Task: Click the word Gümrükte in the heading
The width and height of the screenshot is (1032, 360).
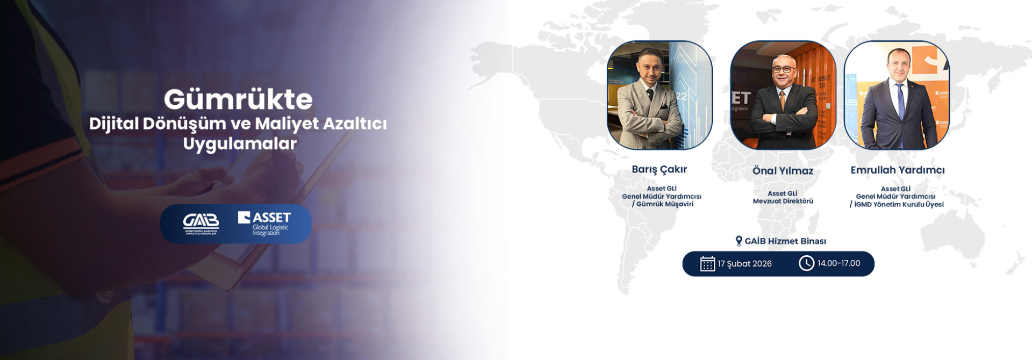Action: [238, 99]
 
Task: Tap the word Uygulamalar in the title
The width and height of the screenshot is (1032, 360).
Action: [240, 144]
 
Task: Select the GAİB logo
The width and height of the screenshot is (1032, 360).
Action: [201, 224]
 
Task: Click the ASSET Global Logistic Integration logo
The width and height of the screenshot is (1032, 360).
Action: [264, 224]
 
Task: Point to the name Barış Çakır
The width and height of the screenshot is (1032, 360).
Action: [659, 170]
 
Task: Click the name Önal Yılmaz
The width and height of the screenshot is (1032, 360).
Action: [783, 171]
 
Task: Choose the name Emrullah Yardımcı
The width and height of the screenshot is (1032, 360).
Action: [897, 170]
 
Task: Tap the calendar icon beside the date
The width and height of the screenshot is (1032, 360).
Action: [707, 264]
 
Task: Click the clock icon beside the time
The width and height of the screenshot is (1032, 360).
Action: [806, 263]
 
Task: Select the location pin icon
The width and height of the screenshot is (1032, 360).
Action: [739, 241]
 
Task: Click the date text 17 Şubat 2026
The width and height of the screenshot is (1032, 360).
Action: [744, 264]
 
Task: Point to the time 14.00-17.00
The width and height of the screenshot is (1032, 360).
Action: [839, 263]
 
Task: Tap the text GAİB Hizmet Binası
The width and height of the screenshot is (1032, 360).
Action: [785, 241]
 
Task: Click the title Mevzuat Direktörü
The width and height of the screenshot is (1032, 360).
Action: [783, 201]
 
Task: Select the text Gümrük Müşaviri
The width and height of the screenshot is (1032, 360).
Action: [665, 204]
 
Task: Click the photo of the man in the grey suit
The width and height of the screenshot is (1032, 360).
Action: [660, 95]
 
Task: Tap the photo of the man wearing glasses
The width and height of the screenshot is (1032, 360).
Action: [783, 95]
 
